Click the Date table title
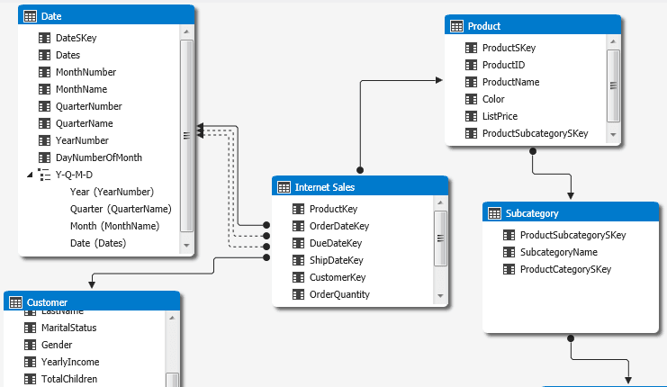coord(51,16)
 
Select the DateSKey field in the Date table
coord(76,38)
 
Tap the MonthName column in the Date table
coord(81,89)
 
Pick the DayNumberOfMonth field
coord(98,157)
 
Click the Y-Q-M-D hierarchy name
coord(76,175)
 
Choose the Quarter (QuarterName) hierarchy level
coord(120,209)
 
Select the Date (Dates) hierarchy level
coord(97,243)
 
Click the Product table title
coord(484,26)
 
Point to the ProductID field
coord(503,65)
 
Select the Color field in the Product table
coord(493,99)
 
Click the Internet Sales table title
coord(324,187)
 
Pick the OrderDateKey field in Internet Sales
coord(338,226)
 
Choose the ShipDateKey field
coord(336,260)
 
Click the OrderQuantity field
coord(338,294)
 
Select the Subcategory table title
coord(532,213)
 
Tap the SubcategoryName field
coord(558,252)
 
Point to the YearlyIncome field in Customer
coord(70,362)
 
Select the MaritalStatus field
coord(68,328)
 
